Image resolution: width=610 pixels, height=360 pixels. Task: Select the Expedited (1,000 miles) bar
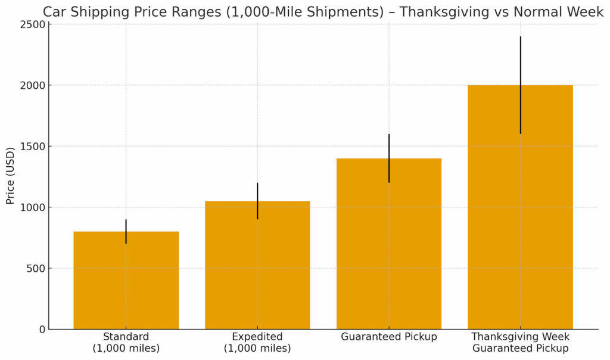pos(257,268)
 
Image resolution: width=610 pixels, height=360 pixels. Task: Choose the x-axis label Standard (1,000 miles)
pos(126,342)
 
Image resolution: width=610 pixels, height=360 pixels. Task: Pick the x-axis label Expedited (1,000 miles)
pos(257,342)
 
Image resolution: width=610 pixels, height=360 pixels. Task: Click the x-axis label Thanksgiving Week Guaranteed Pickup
pos(520,342)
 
